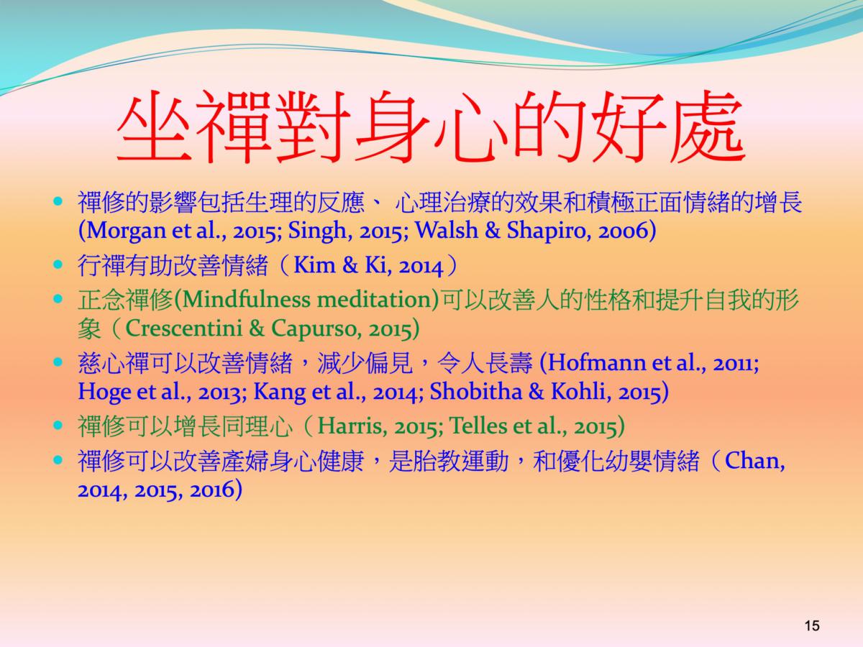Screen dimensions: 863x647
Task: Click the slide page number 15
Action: pyautogui.click(x=812, y=625)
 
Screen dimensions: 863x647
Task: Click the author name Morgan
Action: pyautogui.click(x=125, y=231)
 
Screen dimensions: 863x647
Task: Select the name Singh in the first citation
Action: pyautogui.click(x=319, y=231)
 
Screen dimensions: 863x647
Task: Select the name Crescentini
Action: pyautogui.click(x=183, y=329)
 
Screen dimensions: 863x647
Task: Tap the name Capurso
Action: pyautogui.click(x=314, y=329)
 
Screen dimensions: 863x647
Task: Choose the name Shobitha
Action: pyautogui.click(x=475, y=392)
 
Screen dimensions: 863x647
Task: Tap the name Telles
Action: pyautogui.click(x=478, y=426)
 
